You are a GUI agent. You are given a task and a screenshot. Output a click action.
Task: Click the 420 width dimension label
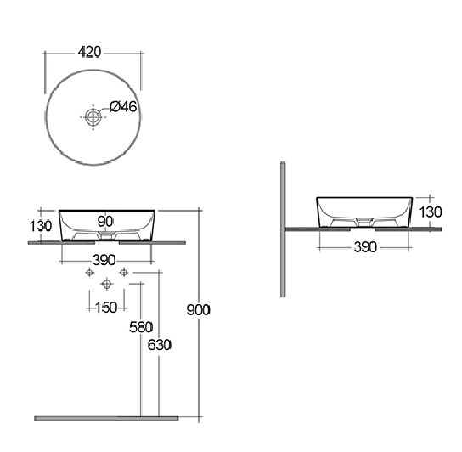pos(89,52)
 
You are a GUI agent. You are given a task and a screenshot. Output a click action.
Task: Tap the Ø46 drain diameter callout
pos(123,106)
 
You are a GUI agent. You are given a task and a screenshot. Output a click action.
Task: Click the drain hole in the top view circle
pos(93,116)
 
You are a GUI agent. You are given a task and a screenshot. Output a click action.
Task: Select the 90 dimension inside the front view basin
pos(105,222)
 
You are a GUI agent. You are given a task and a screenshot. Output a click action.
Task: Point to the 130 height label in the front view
pos(41,226)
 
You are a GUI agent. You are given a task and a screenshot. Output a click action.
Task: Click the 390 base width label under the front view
pos(104,260)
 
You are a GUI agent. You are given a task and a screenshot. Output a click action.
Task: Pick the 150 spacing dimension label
pos(106,308)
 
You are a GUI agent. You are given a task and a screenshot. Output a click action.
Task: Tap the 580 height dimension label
pos(141,327)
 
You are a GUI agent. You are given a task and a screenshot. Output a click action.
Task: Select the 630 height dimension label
pos(160,345)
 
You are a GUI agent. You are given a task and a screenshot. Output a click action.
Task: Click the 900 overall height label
pos(198,310)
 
